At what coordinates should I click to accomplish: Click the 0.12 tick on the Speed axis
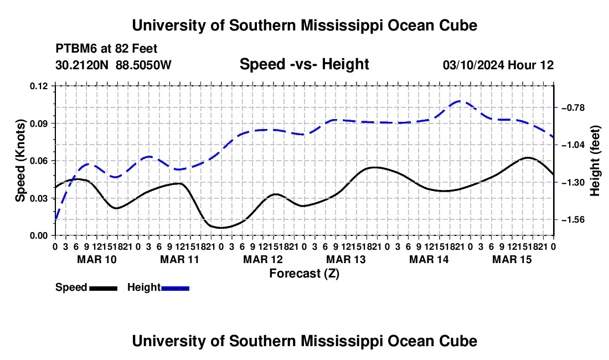point(38,86)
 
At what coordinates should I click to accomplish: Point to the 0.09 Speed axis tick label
point(38,124)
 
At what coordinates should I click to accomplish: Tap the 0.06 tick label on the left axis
point(38,161)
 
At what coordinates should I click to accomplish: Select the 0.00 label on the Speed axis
point(38,236)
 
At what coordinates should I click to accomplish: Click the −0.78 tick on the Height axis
point(573,107)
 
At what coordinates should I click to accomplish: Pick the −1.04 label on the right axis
point(573,145)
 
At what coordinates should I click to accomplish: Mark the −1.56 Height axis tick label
point(573,220)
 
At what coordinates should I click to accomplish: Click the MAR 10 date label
point(97,259)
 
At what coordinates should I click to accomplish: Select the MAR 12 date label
point(263,259)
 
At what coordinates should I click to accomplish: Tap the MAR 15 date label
point(512,259)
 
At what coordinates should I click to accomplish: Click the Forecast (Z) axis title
point(304,274)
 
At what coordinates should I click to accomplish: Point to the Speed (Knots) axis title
point(20,161)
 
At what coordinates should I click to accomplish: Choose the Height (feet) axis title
point(595,161)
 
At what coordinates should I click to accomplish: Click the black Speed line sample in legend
point(104,288)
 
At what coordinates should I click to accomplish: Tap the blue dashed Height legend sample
point(175,288)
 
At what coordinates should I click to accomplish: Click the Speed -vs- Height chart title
point(304,64)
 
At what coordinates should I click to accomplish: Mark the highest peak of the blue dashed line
point(460,101)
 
